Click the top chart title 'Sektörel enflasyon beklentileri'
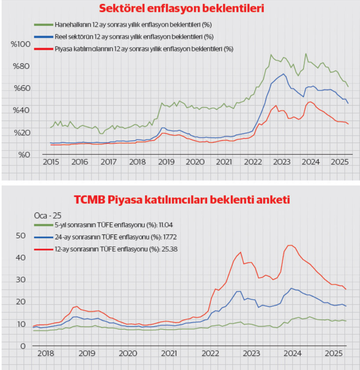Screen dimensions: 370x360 [x=182, y=8]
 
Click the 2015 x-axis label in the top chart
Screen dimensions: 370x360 [x=51, y=162]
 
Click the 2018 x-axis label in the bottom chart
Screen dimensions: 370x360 [x=46, y=354]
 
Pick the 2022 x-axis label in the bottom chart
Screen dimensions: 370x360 [x=211, y=354]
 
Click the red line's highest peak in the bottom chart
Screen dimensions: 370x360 [x=290, y=245]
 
